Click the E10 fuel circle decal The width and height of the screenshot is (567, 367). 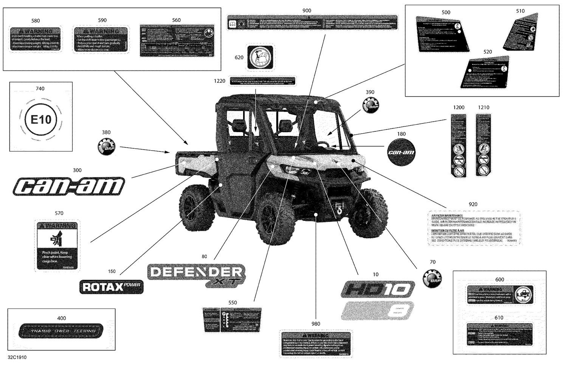click(x=40, y=120)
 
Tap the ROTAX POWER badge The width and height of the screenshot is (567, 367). click(x=112, y=287)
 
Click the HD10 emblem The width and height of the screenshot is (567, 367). click(x=377, y=290)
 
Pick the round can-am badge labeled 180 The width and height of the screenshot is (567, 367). click(x=401, y=152)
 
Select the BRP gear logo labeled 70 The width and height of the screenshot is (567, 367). click(x=432, y=279)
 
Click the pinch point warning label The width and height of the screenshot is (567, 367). click(x=57, y=245)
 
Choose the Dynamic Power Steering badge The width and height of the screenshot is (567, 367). click(x=61, y=331)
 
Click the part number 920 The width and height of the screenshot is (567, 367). click(x=473, y=204)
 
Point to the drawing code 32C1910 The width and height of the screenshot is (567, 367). click(x=17, y=357)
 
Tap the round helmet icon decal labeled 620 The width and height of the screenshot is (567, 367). click(x=260, y=57)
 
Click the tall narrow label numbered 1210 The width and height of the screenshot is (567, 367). click(x=483, y=145)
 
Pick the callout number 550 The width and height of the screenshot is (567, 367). click(x=232, y=302)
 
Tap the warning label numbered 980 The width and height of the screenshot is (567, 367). click(x=315, y=344)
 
